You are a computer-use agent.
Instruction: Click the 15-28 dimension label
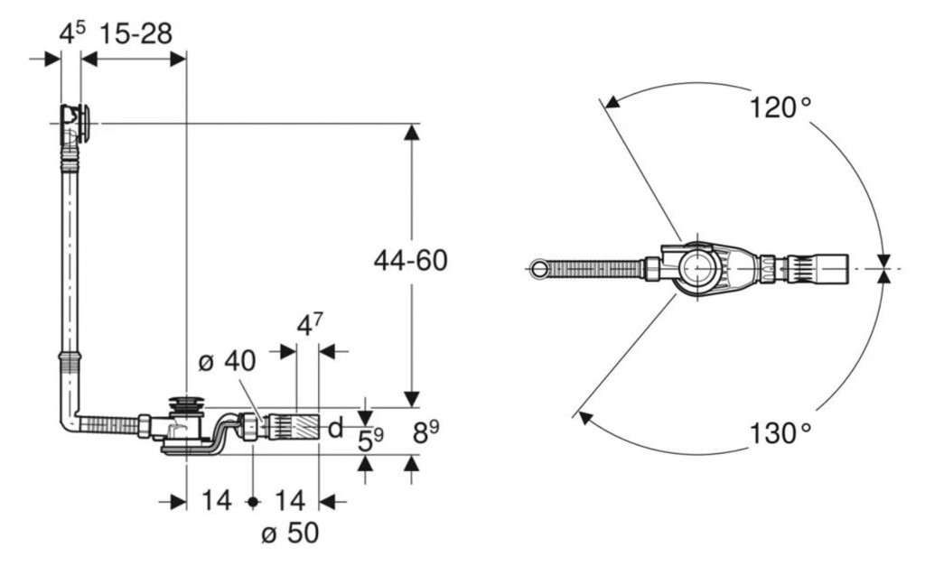135,33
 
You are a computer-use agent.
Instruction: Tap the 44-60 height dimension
411,260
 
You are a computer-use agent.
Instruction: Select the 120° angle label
780,107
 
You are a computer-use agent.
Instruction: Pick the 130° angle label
780,433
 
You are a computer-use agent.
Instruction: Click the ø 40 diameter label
227,361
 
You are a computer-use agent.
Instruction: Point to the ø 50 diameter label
290,533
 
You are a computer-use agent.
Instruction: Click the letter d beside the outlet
335,428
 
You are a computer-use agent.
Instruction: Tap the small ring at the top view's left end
538,268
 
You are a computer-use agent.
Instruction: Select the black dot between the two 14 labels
253,502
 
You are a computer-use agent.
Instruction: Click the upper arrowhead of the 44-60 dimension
411,132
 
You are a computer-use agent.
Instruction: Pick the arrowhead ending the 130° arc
585,418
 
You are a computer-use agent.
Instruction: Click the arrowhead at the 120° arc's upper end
613,101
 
